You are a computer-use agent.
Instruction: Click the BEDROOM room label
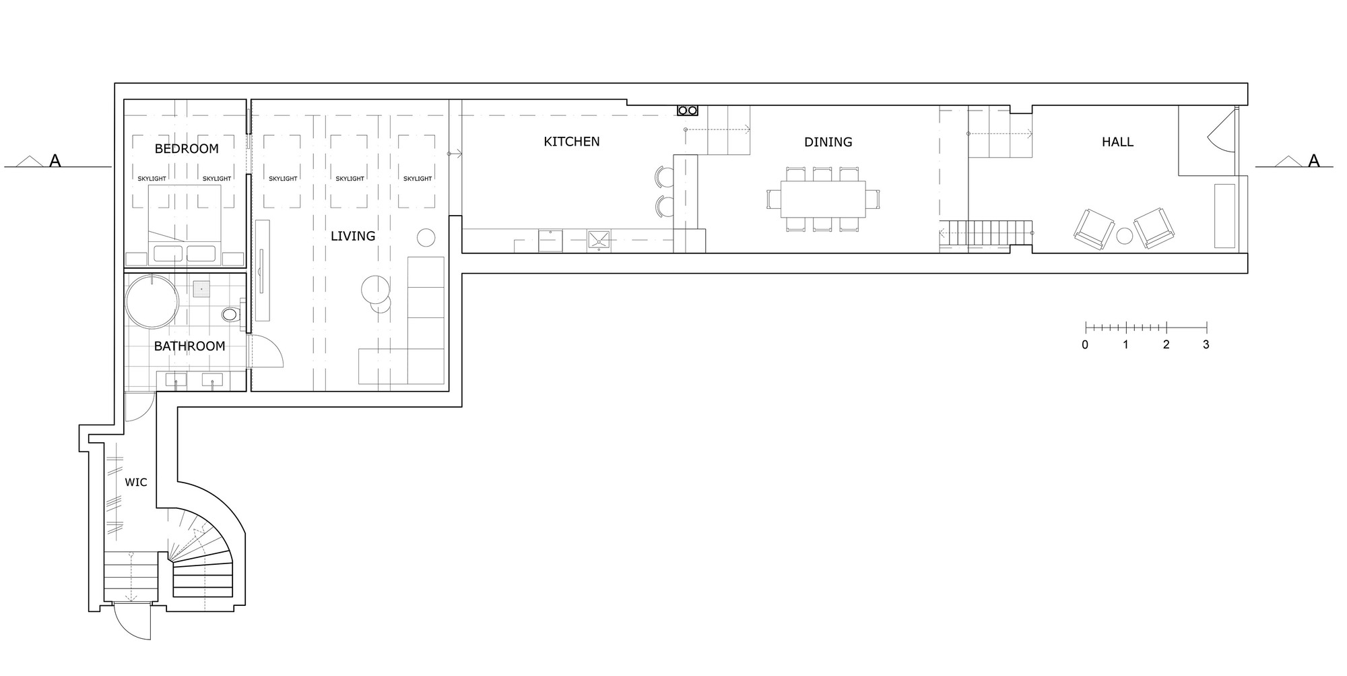tap(187, 149)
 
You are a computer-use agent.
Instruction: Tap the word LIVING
tap(353, 236)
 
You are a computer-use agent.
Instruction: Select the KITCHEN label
tap(572, 142)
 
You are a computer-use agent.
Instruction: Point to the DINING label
tap(828, 142)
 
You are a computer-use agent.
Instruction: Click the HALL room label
tap(1118, 142)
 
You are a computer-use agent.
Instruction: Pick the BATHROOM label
tap(189, 346)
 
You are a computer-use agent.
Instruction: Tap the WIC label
tap(136, 483)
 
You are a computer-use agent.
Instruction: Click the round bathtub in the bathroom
tap(153, 301)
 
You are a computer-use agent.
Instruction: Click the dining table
tap(823, 199)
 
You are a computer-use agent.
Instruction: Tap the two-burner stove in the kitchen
tap(688, 110)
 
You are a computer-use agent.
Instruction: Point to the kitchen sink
tap(598, 240)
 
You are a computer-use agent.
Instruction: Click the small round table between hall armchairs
tap(1124, 236)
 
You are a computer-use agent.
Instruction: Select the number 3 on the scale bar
tap(1206, 344)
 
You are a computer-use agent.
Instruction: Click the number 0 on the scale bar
tap(1085, 344)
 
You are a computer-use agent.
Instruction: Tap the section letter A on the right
tap(1313, 160)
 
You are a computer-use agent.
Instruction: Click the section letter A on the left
tap(55, 160)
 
